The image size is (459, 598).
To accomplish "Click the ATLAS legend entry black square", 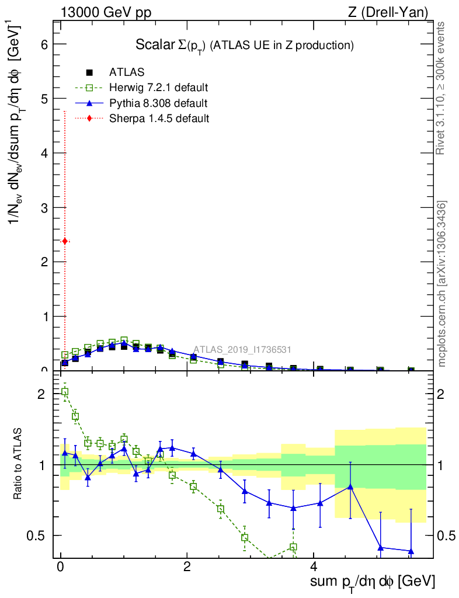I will point(89,72).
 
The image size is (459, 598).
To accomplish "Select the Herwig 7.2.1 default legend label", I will point(158,88).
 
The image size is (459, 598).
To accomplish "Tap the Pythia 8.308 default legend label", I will point(158,103).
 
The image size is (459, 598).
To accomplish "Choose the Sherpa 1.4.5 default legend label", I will point(159,119).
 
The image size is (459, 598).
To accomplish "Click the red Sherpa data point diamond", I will point(65,241).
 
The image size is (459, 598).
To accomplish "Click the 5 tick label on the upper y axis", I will point(44,99).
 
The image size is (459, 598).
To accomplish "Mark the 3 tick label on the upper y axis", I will point(44,207).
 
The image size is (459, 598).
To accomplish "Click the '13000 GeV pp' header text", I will point(106,12).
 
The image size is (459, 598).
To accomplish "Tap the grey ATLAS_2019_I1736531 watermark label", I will point(242,349).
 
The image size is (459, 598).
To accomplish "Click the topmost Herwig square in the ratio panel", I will point(65,392).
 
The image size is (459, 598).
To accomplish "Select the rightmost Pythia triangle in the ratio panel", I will point(411,551).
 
